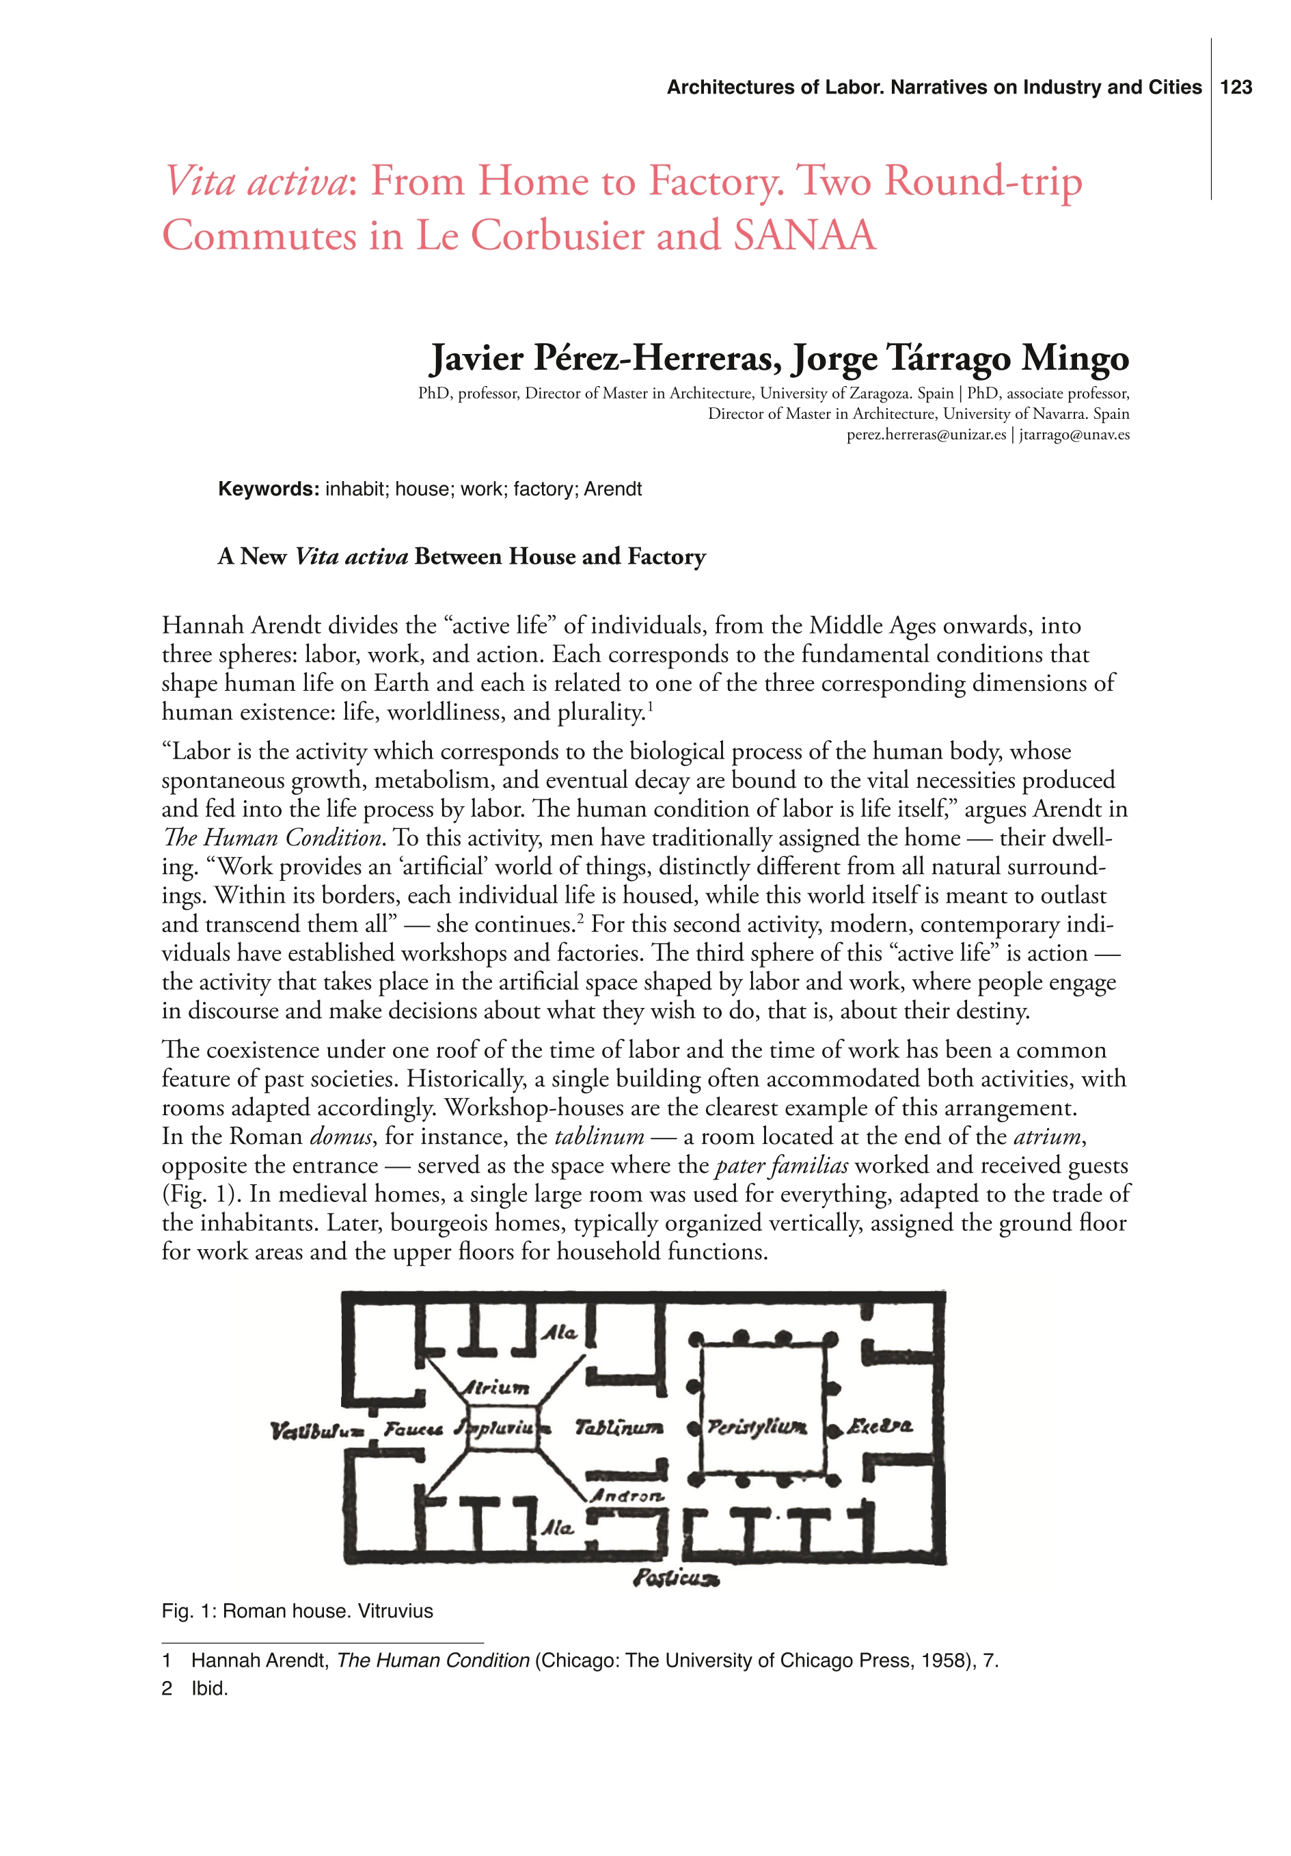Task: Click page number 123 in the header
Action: click(1235, 87)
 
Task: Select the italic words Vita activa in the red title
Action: click(255, 180)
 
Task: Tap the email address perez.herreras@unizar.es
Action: click(925, 434)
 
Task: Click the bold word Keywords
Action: click(269, 489)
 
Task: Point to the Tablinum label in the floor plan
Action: click(619, 1428)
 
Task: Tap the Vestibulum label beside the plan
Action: click(317, 1431)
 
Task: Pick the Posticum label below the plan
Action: click(676, 1577)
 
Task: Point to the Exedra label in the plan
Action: click(880, 1426)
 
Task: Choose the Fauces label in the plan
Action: click(412, 1429)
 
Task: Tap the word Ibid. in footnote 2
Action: click(209, 1688)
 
